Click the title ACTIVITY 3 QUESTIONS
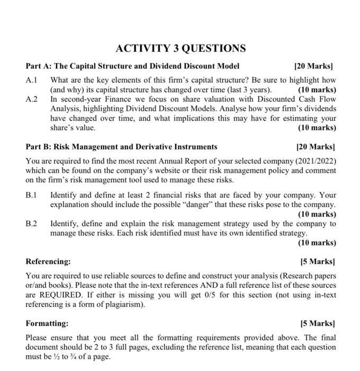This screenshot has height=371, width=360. point(181,49)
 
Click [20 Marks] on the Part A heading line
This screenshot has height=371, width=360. point(314,66)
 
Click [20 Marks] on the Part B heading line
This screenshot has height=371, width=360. point(314,146)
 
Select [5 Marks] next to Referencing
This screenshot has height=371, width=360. point(317,261)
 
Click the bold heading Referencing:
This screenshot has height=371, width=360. point(48,261)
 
